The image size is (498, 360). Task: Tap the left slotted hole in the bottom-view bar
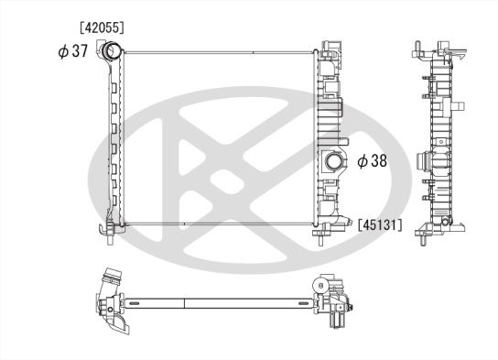(x=155, y=302)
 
